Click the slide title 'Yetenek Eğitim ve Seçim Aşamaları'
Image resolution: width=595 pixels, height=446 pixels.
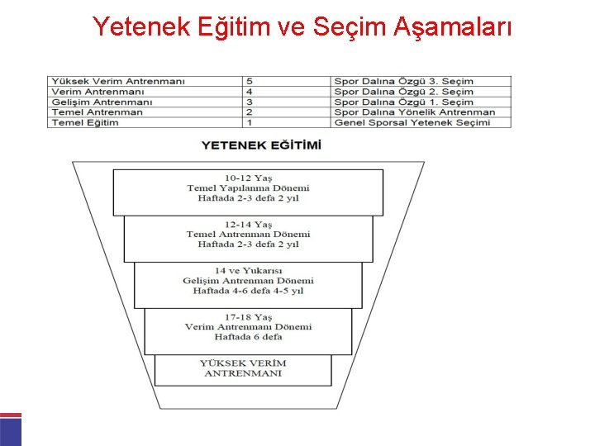pyautogui.click(x=302, y=27)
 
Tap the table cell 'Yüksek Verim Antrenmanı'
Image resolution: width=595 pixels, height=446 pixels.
pyautogui.click(x=118, y=81)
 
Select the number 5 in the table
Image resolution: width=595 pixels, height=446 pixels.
pyautogui.click(x=250, y=81)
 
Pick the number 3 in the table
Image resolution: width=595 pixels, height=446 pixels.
pyautogui.click(x=250, y=102)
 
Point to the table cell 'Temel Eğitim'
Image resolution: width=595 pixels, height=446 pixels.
pyautogui.click(x=85, y=122)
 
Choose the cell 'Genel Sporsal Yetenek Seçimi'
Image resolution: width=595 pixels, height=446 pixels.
pyautogui.click(x=412, y=122)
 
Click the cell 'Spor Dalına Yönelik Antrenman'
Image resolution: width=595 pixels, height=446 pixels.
pyautogui.click(x=414, y=112)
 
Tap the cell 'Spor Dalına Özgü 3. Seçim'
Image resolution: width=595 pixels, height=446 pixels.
pyautogui.click(x=403, y=81)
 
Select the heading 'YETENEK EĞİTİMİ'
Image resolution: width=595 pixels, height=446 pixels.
pyautogui.click(x=261, y=145)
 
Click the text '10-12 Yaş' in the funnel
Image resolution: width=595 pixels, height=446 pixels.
pyautogui.click(x=248, y=178)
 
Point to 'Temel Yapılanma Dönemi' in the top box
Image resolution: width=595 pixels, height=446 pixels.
pyautogui.click(x=248, y=188)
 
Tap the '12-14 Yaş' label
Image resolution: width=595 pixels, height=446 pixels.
pyautogui.click(x=248, y=224)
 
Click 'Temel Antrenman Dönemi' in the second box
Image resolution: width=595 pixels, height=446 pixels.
pyautogui.click(x=248, y=234)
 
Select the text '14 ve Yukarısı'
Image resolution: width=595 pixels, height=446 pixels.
pyautogui.click(x=248, y=270)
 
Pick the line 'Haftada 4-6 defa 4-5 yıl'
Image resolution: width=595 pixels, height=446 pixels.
pyautogui.click(x=248, y=291)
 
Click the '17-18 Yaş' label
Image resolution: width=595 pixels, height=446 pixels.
pyautogui.click(x=248, y=316)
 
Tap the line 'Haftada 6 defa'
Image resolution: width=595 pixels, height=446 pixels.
pyautogui.click(x=248, y=337)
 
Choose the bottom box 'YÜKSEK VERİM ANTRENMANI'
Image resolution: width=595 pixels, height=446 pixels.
pyautogui.click(x=243, y=368)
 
